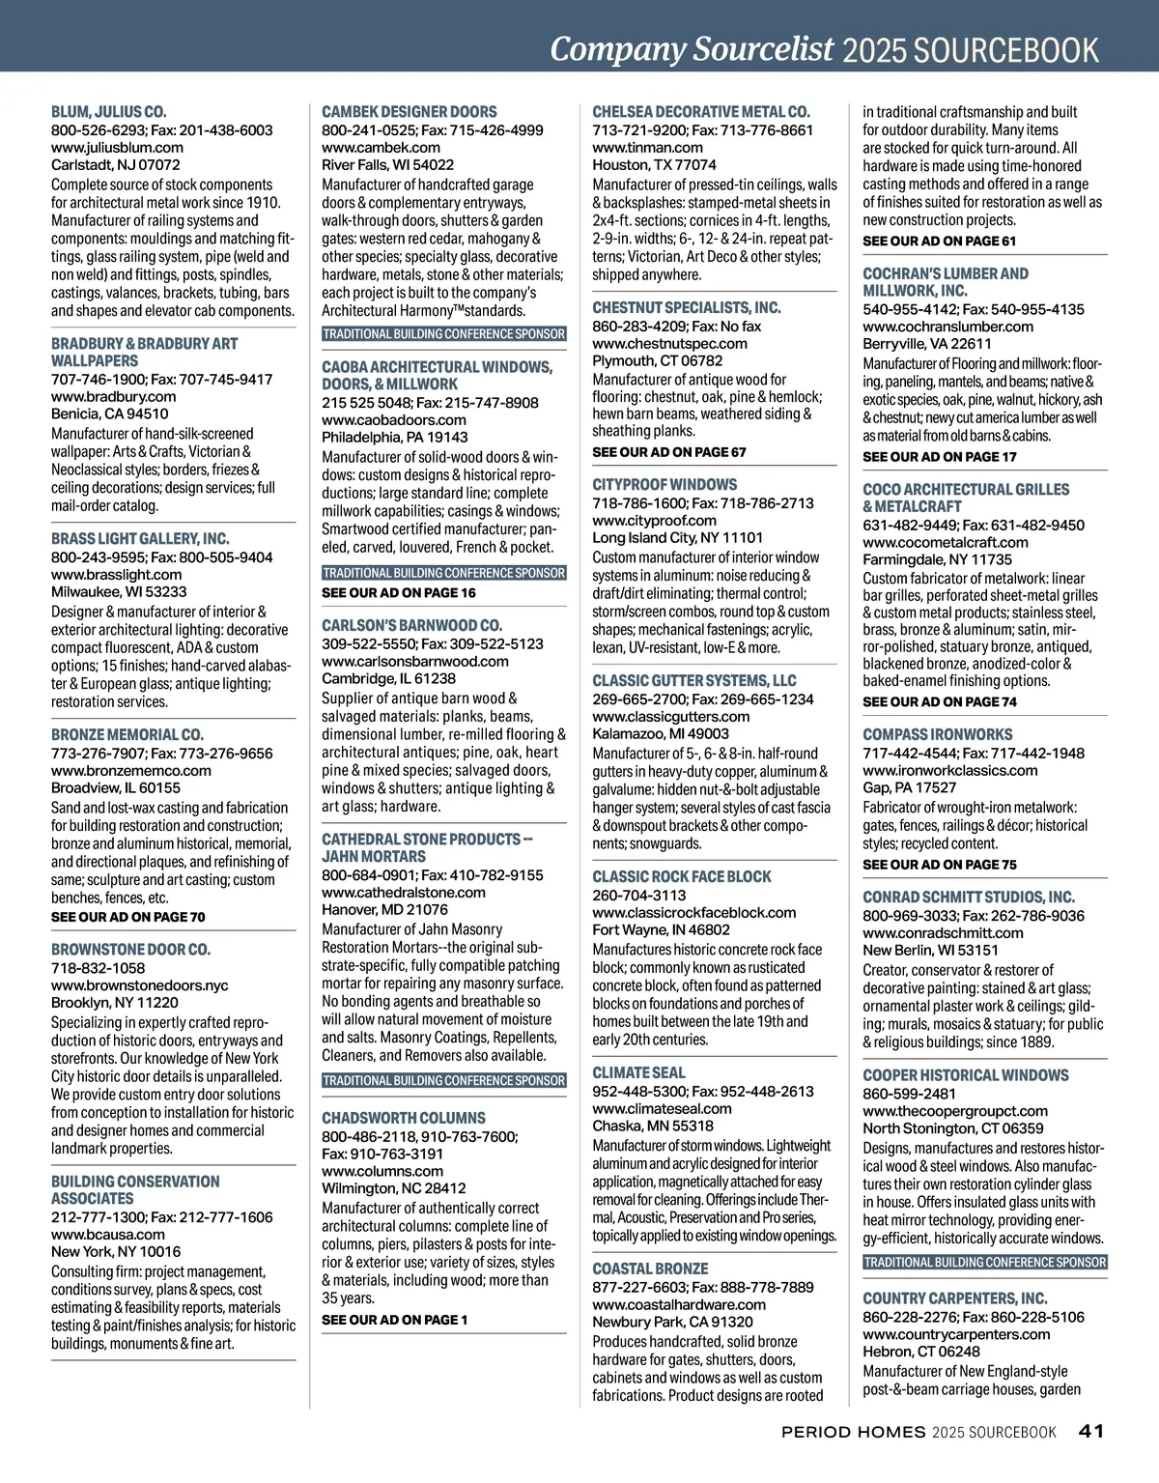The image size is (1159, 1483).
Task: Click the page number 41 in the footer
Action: point(1091,1431)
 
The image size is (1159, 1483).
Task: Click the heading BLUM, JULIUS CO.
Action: point(108,112)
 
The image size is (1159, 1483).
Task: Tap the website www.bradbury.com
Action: point(113,396)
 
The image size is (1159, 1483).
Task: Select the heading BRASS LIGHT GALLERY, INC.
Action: point(140,539)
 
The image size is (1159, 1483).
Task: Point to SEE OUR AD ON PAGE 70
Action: point(127,917)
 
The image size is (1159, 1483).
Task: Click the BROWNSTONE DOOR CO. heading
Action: point(130,950)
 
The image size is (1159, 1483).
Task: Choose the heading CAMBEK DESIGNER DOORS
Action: point(409,112)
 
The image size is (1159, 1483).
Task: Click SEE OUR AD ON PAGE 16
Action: point(398,592)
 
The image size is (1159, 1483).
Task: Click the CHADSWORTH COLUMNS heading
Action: point(396,1118)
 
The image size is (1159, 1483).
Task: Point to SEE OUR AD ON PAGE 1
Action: point(394,1320)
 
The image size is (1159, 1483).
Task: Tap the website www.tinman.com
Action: point(647,147)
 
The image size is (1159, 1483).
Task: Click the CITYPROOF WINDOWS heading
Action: point(664,485)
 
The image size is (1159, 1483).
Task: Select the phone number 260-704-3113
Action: point(638,895)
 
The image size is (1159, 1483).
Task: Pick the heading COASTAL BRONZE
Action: point(650,1269)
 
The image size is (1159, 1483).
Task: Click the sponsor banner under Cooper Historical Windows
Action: point(984,1263)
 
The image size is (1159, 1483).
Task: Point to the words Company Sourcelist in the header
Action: point(691,48)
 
